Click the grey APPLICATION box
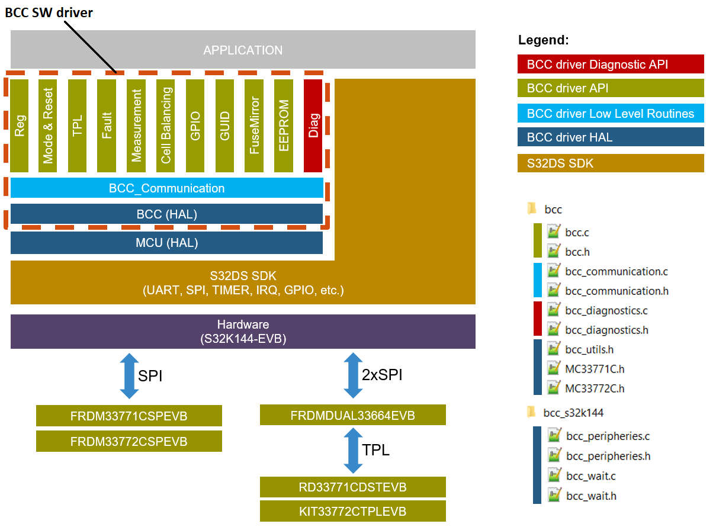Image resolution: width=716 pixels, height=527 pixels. pos(243,50)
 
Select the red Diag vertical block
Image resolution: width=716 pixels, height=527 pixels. pos(313,126)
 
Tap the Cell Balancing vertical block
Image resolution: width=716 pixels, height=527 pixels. pos(166,126)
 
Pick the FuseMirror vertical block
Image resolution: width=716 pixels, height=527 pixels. pos(254,126)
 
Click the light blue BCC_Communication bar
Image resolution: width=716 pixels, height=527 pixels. pos(166,188)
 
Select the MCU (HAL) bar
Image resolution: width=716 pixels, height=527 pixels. pos(166,242)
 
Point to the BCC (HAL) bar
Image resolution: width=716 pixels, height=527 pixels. pos(166,214)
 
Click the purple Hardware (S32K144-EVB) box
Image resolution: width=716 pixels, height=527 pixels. pos(243,332)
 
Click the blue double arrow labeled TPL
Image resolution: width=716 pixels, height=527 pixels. pos(353,450)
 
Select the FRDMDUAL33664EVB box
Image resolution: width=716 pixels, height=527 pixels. pos(352,415)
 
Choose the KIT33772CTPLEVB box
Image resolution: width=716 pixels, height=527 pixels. pos(352,511)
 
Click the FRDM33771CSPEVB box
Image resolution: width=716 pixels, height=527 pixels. pos(129,416)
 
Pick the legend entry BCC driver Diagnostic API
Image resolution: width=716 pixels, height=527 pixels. pos(610,64)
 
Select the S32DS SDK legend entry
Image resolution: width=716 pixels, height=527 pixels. pos(610,163)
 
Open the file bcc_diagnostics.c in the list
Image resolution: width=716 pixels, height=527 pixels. pos(606,310)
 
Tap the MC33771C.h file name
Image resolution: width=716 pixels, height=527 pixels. pos(595,369)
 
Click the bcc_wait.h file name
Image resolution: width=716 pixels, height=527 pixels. pos(590,496)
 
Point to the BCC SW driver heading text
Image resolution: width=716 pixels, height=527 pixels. pos(49,12)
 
